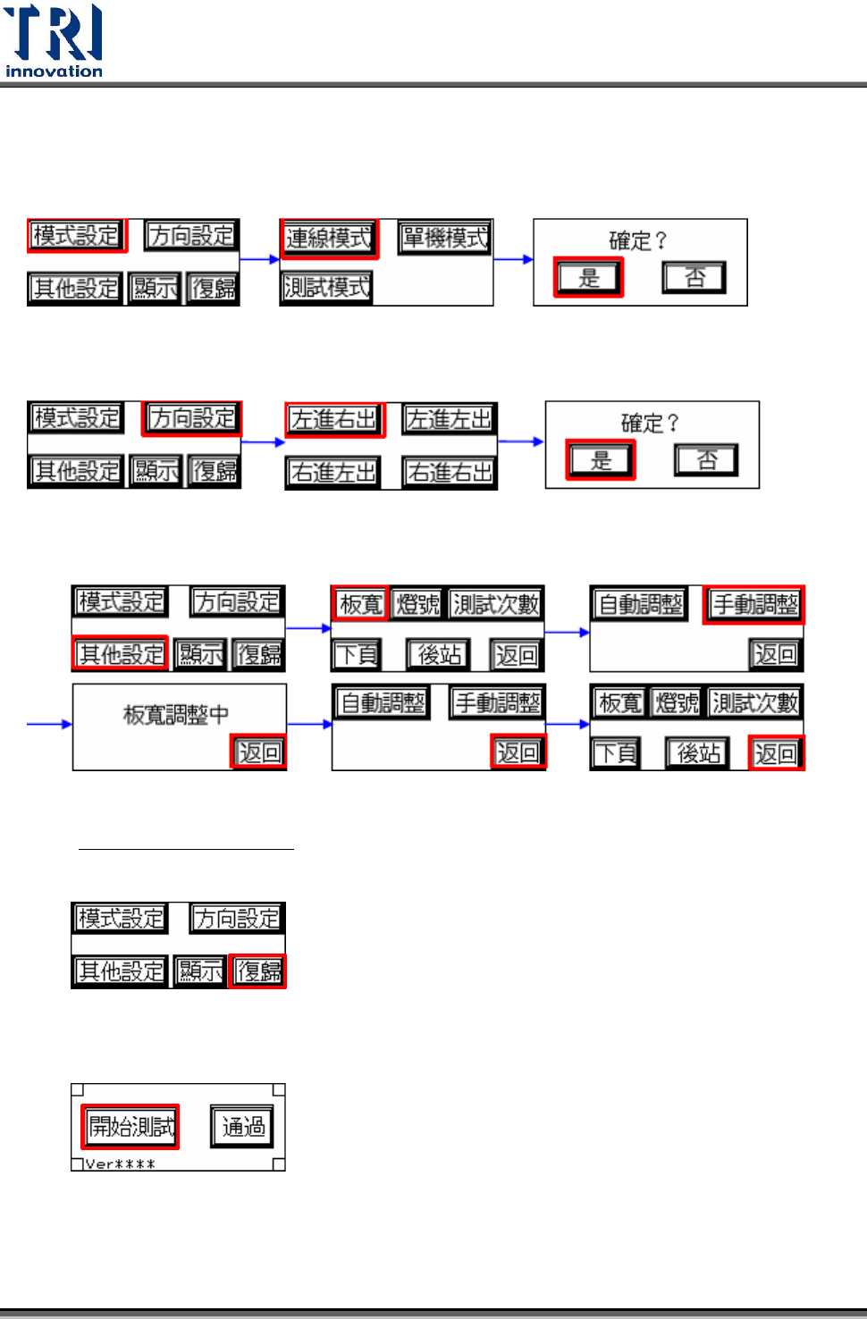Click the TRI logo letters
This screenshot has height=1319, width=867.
point(53,33)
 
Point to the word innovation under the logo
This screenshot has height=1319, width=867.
point(54,71)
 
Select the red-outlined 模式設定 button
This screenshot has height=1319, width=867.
point(77,236)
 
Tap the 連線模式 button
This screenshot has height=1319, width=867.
point(329,239)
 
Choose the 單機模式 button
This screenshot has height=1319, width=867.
point(445,239)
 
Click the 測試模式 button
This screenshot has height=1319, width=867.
point(326,288)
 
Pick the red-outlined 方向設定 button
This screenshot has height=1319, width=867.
point(192,418)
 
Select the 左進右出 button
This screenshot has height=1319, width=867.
point(334,420)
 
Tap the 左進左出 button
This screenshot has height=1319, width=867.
point(450,420)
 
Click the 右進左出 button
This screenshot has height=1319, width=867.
point(333,473)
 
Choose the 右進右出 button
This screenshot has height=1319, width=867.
point(450,473)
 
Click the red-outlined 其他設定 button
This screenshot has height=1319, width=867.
point(121,655)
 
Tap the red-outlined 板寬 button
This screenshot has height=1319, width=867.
point(361,605)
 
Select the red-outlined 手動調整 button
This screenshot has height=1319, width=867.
point(754,605)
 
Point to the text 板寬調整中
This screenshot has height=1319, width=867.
point(176,715)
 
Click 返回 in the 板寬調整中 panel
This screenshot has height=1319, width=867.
point(259,752)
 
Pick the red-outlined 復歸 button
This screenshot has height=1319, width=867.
point(258,971)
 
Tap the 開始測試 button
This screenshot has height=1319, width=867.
point(131,1127)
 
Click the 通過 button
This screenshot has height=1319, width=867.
point(243,1127)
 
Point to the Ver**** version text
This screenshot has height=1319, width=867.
point(121,1164)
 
